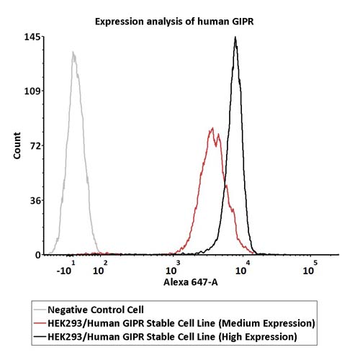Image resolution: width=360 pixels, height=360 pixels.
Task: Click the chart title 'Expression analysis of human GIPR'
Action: pos(174,22)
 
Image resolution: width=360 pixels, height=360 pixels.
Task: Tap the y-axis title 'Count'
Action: pos(17,145)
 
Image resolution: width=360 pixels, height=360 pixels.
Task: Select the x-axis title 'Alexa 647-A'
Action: pos(191,282)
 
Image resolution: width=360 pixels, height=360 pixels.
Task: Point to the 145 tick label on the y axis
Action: pos(34,37)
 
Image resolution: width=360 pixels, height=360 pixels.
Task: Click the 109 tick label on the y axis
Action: pos(34,91)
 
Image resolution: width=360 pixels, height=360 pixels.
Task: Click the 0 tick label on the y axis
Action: pos(38,255)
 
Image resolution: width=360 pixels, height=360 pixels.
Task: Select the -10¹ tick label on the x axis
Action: pos(66,268)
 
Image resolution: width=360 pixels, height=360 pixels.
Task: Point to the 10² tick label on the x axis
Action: pos(100,268)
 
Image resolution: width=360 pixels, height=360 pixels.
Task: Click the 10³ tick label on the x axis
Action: pos(173,268)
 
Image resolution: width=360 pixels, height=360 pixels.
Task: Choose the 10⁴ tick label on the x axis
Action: pos(243,268)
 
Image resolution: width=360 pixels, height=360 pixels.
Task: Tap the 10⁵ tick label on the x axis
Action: pos(310,268)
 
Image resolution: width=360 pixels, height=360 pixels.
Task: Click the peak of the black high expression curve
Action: pos(235,37)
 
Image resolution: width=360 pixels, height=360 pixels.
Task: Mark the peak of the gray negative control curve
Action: pos(73,52)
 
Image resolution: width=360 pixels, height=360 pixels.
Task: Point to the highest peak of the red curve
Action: pos(212,128)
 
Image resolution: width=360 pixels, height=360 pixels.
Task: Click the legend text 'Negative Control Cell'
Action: pos(96,310)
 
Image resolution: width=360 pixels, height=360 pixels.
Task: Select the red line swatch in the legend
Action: pos(40,323)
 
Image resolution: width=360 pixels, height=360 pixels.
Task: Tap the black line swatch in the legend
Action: pos(40,337)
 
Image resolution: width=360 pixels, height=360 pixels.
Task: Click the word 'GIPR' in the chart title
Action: pos(243,22)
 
